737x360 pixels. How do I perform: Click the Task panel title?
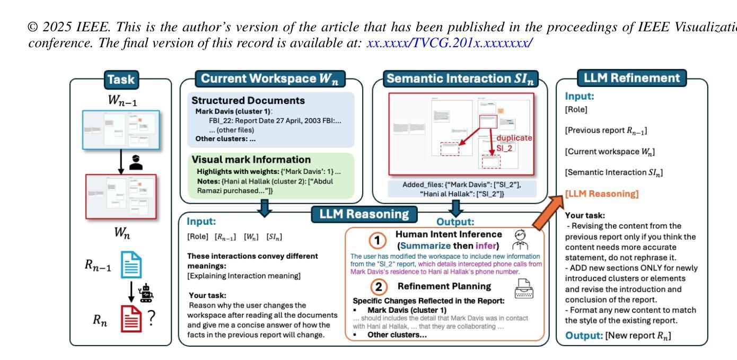121,80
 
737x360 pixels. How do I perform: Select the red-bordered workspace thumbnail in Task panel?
121,196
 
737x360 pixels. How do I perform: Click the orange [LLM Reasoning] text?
602,194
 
